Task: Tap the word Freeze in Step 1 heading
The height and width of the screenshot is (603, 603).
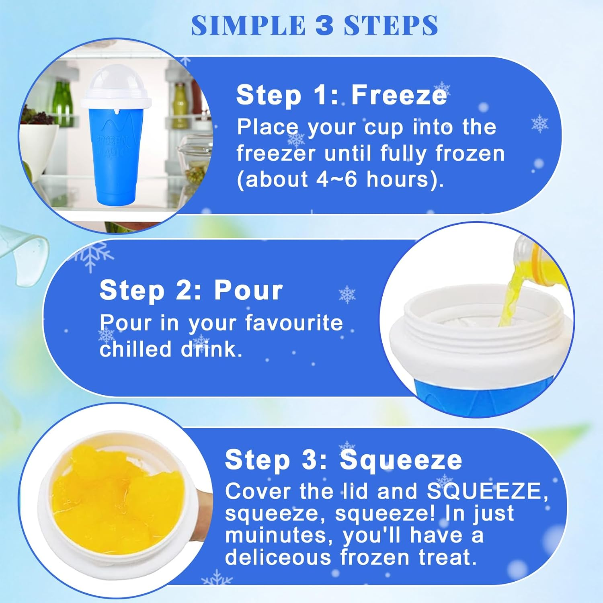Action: coord(399,95)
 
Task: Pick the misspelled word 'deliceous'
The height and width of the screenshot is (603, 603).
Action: coord(278,557)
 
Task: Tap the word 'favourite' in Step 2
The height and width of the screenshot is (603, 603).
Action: coord(294,323)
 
